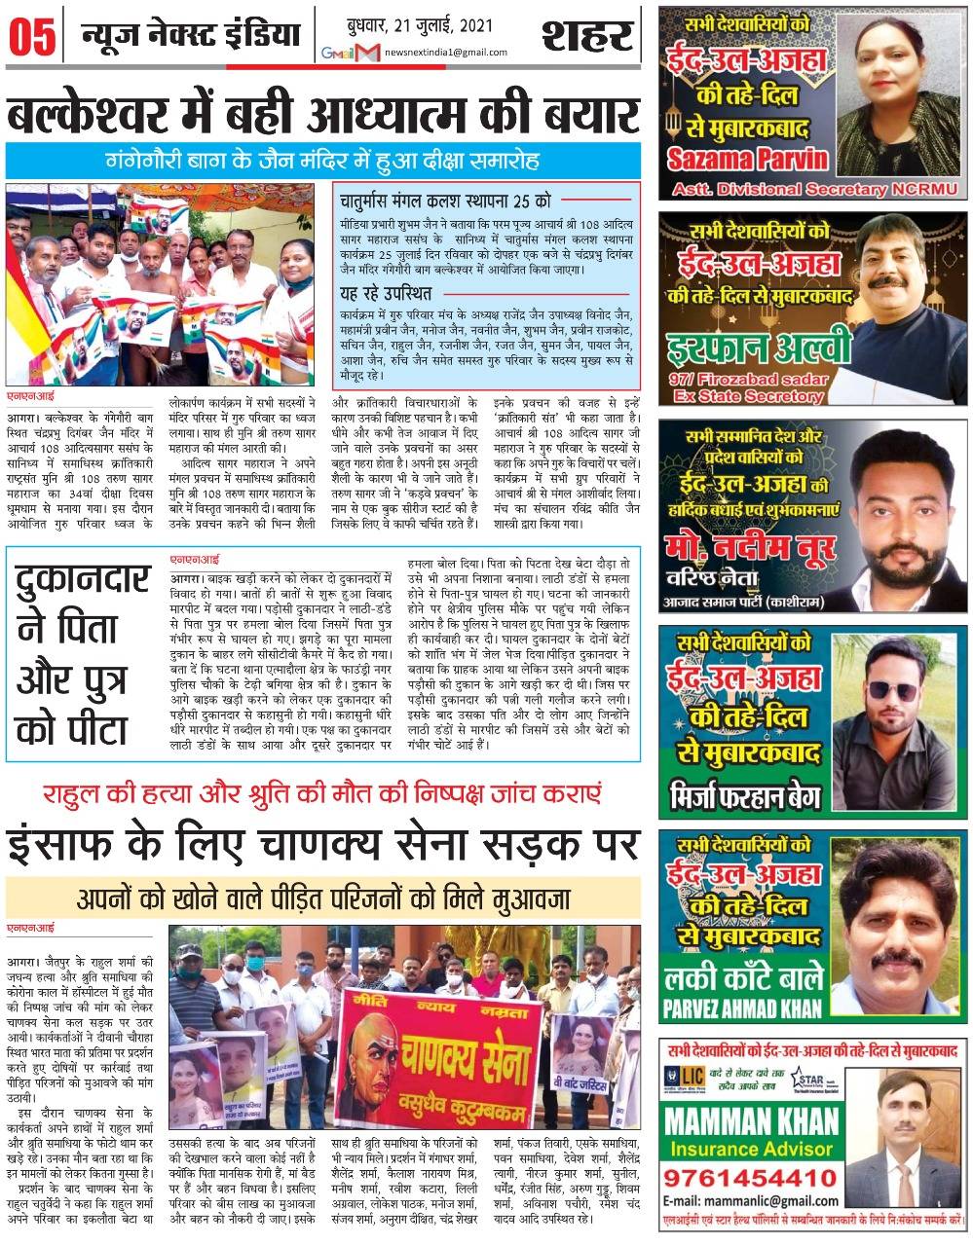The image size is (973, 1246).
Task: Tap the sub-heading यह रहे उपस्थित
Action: (387, 293)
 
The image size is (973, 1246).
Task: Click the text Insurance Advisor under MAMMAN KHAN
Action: (747, 1150)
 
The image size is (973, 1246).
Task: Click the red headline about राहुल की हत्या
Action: (321, 793)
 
